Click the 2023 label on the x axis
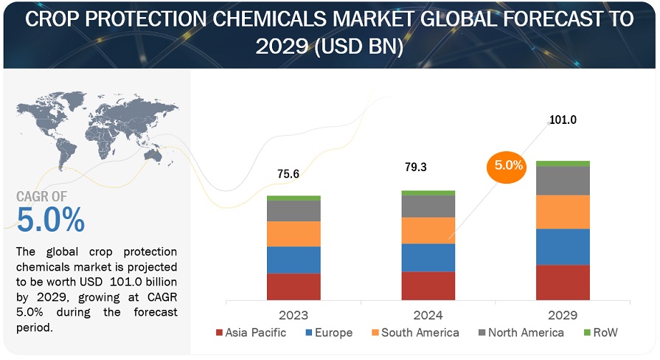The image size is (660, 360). [293, 315]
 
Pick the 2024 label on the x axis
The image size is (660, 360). [428, 315]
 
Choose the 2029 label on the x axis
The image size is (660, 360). [563, 315]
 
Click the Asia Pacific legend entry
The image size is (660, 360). [251, 333]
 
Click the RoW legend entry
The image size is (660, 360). [600, 333]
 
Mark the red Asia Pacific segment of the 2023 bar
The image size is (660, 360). [293, 286]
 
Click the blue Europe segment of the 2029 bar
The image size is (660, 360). [563, 246]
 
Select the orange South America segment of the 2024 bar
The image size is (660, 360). [428, 230]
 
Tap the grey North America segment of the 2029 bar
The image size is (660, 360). [563, 181]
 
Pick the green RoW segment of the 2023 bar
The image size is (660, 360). [293, 198]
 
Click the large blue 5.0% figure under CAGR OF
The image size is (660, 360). [50, 220]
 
